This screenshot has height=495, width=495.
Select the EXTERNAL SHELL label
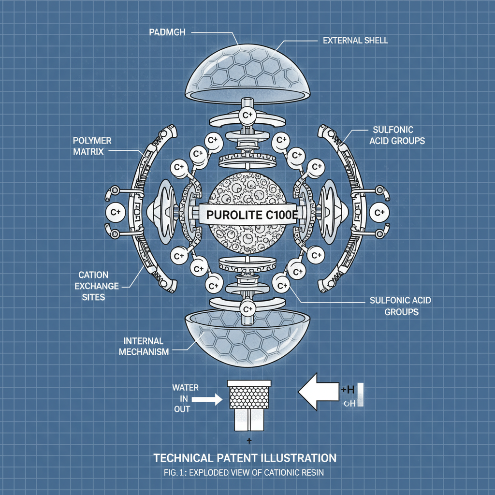(x=355, y=40)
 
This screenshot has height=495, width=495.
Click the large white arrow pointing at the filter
(x=319, y=392)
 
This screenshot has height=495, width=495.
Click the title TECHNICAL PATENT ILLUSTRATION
(x=245, y=457)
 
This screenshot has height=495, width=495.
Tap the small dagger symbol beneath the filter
(x=247, y=440)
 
